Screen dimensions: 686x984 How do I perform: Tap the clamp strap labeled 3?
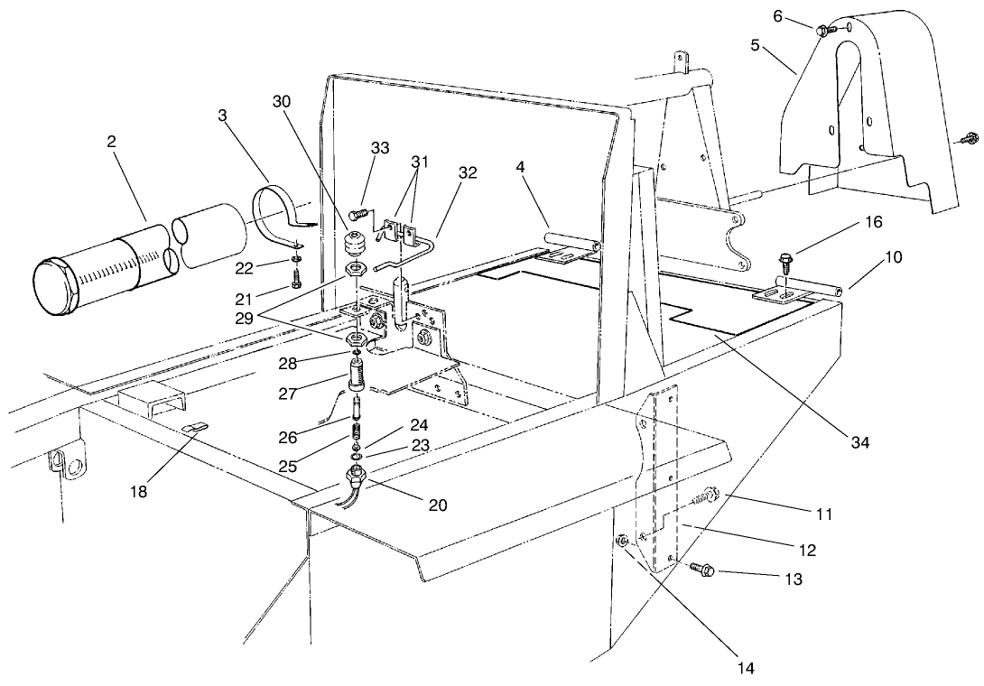point(282,210)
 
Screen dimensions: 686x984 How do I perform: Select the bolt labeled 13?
point(704,570)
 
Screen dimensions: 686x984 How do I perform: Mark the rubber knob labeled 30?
point(353,245)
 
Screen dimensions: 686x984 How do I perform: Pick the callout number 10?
point(892,257)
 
